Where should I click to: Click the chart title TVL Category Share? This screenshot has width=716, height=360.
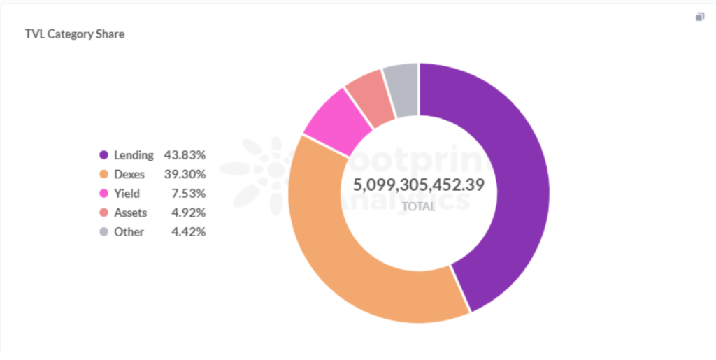(75, 34)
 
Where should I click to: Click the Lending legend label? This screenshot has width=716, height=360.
(134, 155)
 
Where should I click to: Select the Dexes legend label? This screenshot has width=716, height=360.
(130, 174)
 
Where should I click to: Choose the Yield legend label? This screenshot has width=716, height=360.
(127, 194)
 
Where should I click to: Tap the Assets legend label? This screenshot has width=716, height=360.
(130, 213)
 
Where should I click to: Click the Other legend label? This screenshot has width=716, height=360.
(129, 232)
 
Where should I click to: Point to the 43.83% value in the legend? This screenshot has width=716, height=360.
(185, 155)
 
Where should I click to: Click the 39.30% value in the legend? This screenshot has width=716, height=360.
(185, 174)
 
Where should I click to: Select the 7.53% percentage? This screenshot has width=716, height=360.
(188, 194)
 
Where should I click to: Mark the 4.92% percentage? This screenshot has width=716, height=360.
(188, 213)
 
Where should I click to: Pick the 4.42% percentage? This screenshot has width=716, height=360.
(188, 232)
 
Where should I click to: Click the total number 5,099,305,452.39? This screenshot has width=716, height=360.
(418, 185)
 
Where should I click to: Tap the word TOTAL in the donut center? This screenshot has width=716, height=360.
(419, 207)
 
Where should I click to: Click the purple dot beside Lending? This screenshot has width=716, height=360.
(103, 155)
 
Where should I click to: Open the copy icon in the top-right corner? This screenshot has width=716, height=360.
(700, 17)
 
